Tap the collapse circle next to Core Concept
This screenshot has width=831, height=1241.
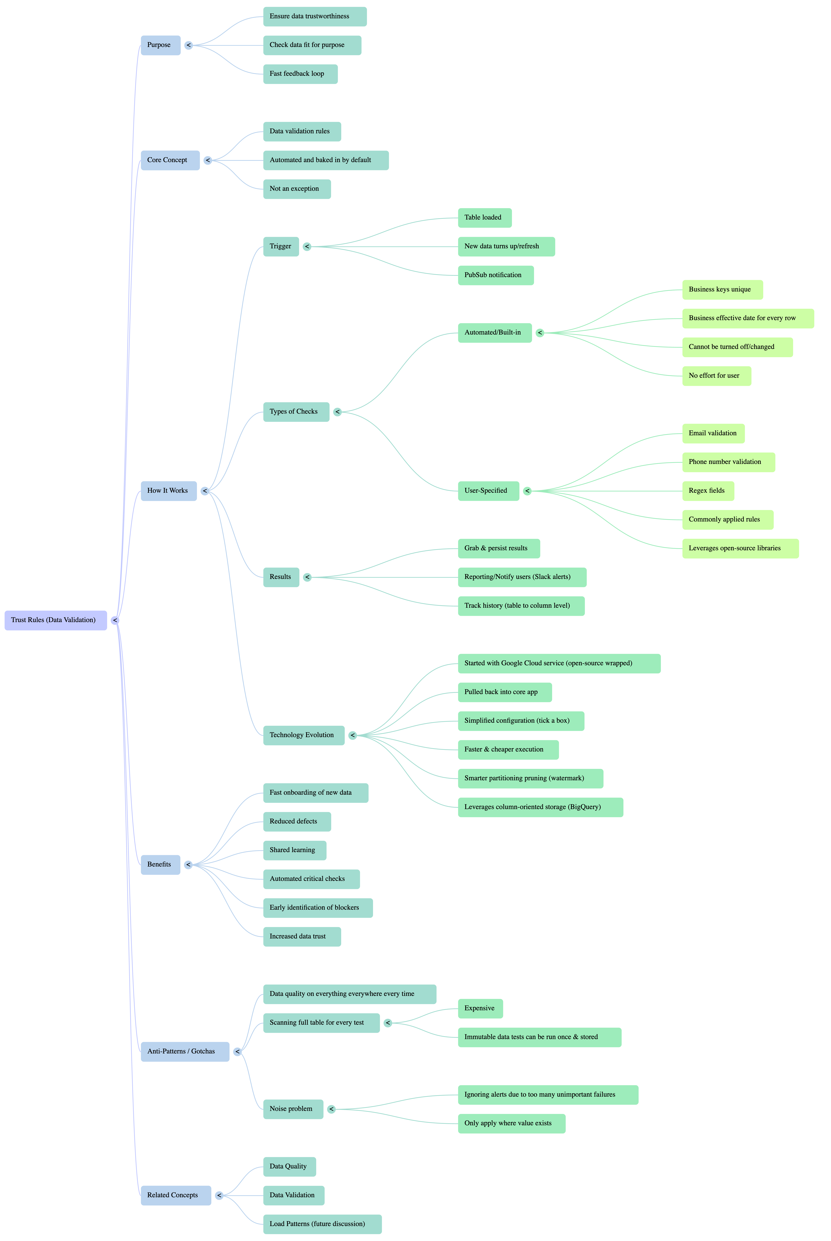tap(208, 161)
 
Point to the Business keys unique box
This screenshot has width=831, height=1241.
tap(722, 290)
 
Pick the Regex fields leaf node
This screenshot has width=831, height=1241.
tap(707, 491)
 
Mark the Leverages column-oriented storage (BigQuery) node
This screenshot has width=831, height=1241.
tap(540, 807)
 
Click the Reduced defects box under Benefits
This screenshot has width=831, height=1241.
tap(297, 822)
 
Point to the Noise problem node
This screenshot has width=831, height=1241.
tap(293, 1109)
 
